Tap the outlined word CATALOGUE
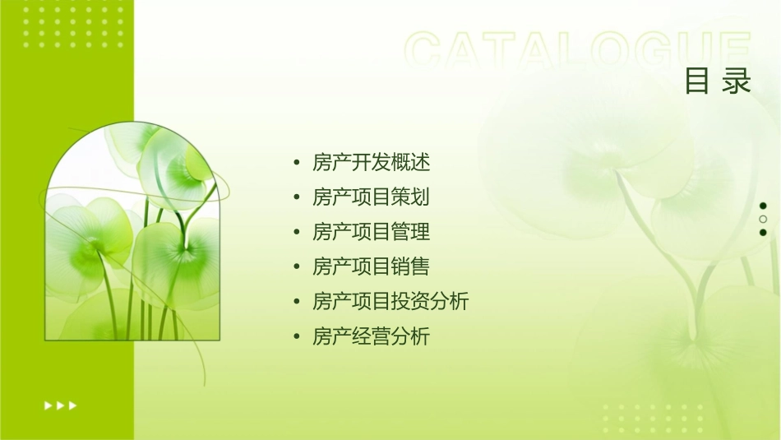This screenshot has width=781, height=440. pyautogui.click(x=578, y=51)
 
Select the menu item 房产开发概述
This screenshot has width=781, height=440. pyautogui.click(x=371, y=162)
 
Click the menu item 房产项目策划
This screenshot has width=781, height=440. pyautogui.click(x=371, y=197)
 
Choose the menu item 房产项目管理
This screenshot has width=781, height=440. pyautogui.click(x=371, y=232)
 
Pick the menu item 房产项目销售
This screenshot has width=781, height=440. pyautogui.click(x=371, y=266)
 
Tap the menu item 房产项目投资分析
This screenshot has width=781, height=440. pyautogui.click(x=390, y=302)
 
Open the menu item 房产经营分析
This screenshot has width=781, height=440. pyautogui.click(x=371, y=336)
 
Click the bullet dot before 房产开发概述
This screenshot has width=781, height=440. pyautogui.click(x=296, y=163)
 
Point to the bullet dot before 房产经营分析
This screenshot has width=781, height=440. pyautogui.click(x=296, y=337)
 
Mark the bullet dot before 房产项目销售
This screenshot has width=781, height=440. pyautogui.click(x=296, y=267)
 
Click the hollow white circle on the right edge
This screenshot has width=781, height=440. pyautogui.click(x=763, y=220)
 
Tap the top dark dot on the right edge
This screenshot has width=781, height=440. pyautogui.click(x=763, y=206)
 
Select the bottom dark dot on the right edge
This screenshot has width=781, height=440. pyautogui.click(x=763, y=233)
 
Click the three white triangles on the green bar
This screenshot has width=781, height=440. pyautogui.click(x=60, y=405)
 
